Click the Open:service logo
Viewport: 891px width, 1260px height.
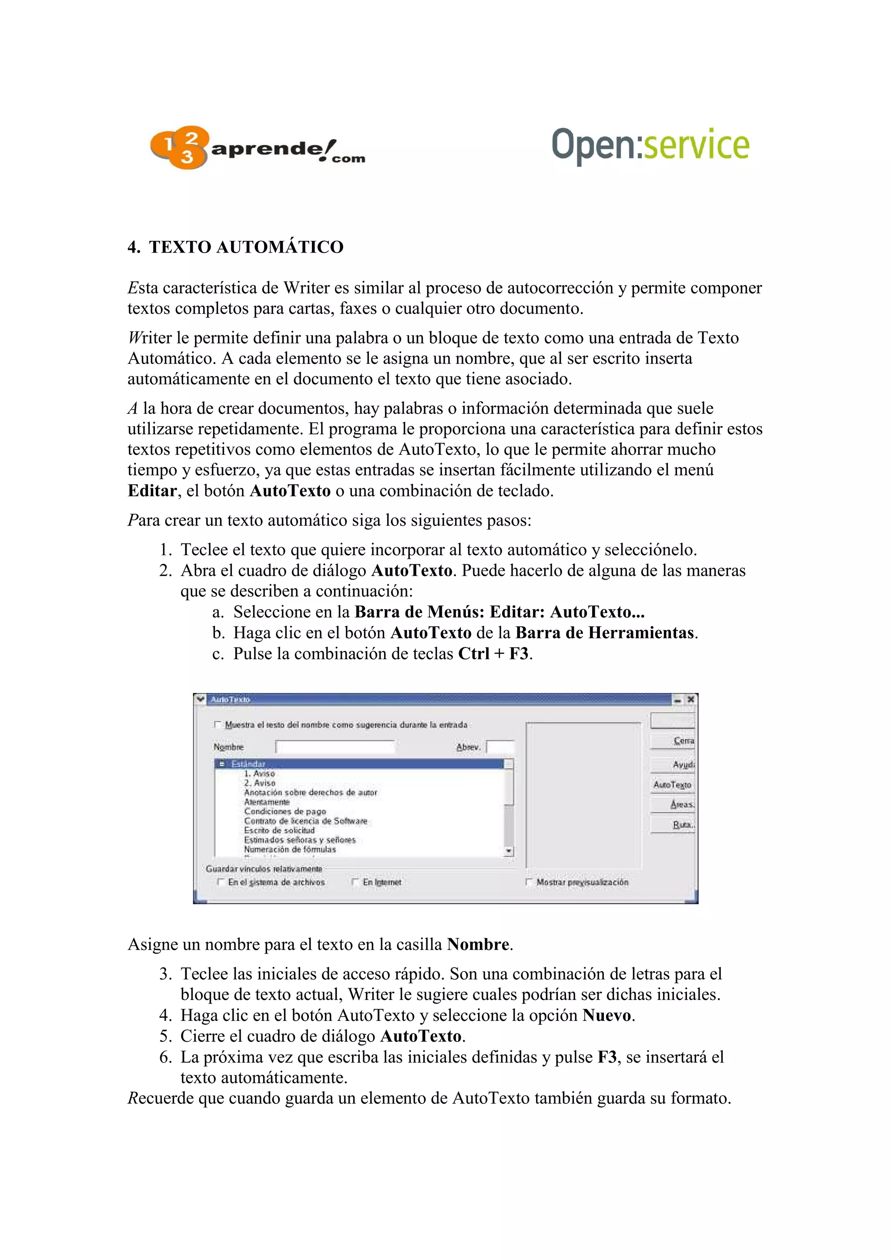click(650, 145)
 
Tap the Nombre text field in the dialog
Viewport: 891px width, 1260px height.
click(335, 747)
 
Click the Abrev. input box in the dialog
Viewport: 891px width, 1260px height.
click(501, 747)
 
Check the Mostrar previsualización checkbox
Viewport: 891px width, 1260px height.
click(529, 882)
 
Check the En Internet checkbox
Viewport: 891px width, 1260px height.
click(355, 882)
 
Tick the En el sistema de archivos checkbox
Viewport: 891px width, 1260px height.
click(221, 882)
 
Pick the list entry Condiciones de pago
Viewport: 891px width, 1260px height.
click(285, 811)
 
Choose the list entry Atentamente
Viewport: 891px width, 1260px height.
click(267, 802)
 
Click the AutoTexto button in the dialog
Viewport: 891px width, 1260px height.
click(672, 785)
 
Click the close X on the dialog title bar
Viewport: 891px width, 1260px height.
click(690, 699)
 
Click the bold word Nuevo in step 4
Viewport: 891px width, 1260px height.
click(606, 1015)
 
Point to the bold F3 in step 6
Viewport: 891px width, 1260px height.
click(607, 1057)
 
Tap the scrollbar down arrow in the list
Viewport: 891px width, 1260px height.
click(509, 851)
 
